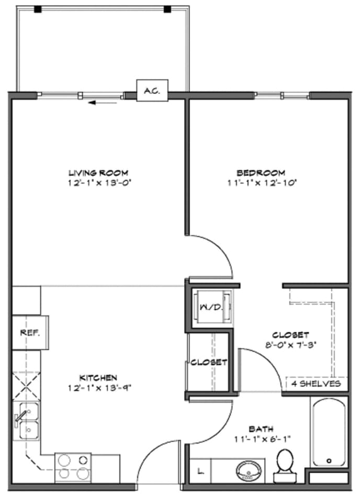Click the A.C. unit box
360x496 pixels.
pyautogui.click(x=152, y=91)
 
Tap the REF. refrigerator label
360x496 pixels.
pyautogui.click(x=27, y=332)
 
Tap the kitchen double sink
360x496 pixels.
pyautogui.click(x=26, y=421)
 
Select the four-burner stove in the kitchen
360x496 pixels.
pyautogui.click(x=73, y=467)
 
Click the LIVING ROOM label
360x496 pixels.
pyautogui.click(x=98, y=173)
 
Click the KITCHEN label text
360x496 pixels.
pyautogui.click(x=98, y=377)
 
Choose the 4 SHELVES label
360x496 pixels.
pyautogui.click(x=316, y=384)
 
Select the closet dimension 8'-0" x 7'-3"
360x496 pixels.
pyautogui.click(x=290, y=344)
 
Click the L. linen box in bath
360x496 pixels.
pyautogui.click(x=199, y=471)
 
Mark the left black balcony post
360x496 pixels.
pyautogui.click(x=38, y=9)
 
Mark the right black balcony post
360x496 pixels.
pyautogui.click(x=167, y=9)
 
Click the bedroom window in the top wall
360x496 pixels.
pyautogui.click(x=282, y=95)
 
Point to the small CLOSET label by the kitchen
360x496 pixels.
pyautogui.click(x=208, y=362)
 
